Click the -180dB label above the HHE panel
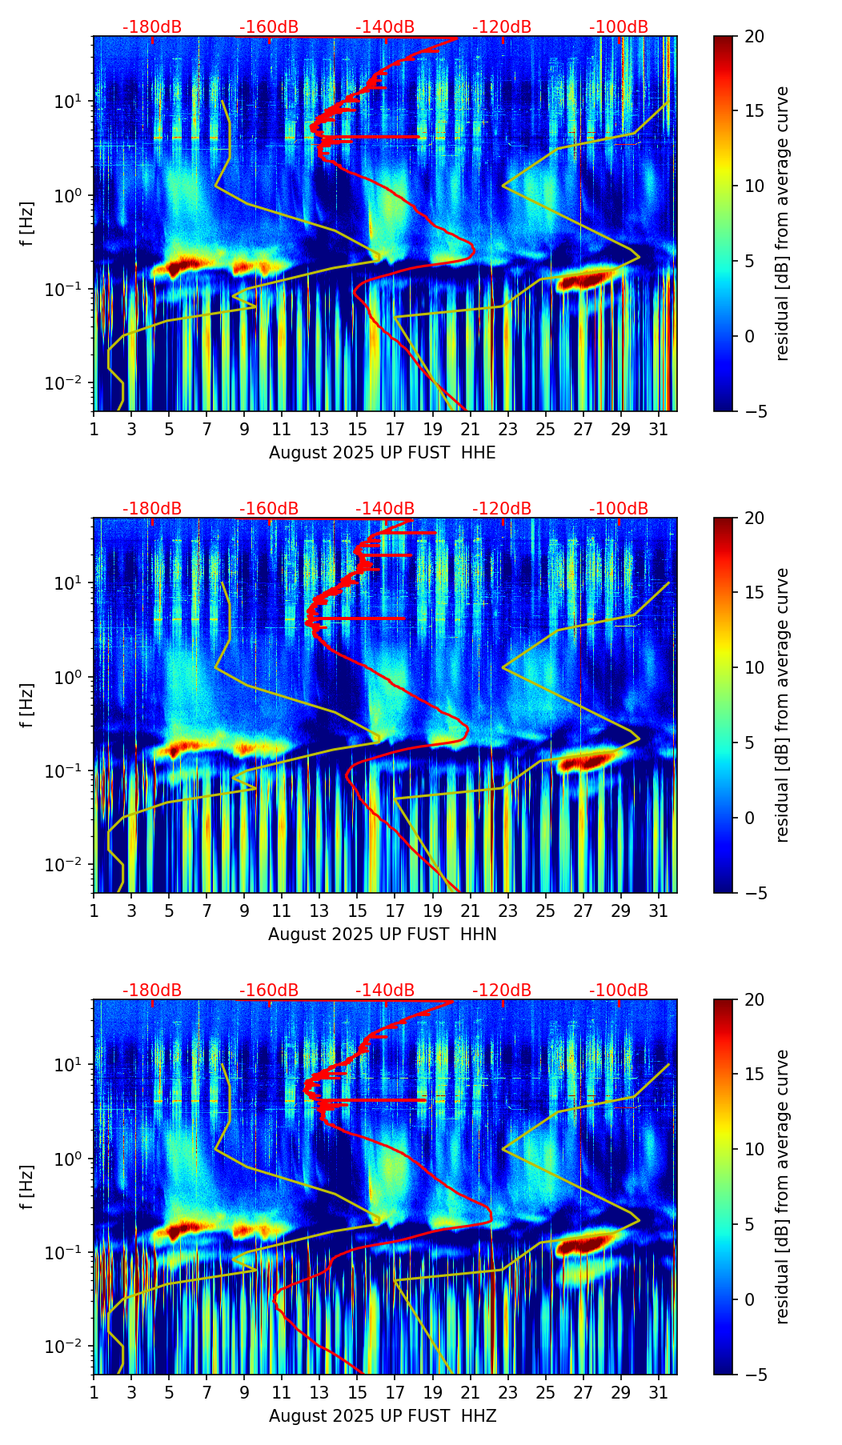152,27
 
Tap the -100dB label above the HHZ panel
619,991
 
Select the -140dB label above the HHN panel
385,509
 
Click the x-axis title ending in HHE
382,453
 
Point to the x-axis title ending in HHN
382,935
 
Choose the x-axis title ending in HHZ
382,1416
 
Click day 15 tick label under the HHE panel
357,429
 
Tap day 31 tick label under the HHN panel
658,911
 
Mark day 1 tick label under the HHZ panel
94,1392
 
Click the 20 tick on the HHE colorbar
754,37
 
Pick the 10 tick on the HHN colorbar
754,667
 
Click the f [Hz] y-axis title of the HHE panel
28,224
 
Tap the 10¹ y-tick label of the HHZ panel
66,1065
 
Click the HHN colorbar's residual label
782,705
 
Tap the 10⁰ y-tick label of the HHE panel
66,196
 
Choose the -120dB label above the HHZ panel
502,991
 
